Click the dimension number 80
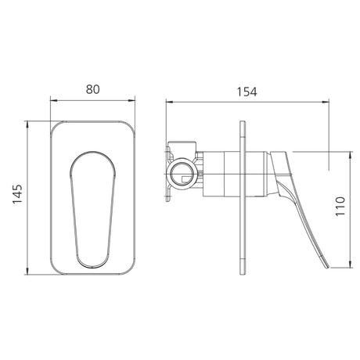coord(92,89)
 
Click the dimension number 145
coord(18,194)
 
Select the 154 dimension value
coord(247,92)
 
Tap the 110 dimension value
coord(340,206)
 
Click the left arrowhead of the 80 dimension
coord(53,100)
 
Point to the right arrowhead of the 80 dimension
coord(131,100)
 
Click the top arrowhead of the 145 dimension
coord(27,124)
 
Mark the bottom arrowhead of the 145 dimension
coord(27,271)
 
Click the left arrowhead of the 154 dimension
coord(169,103)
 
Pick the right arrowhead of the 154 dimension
coord(326,103)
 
